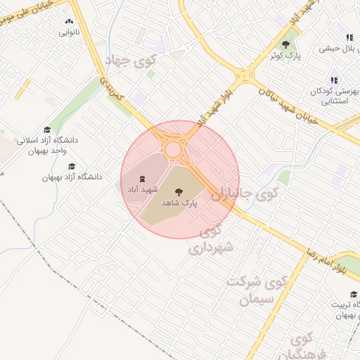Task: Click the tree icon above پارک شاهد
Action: point(179,191)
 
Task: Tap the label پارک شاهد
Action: point(179,202)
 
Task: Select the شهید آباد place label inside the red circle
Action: point(143,190)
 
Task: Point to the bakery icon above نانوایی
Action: point(69,22)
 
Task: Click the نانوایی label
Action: point(69,33)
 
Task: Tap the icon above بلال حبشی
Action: point(348,38)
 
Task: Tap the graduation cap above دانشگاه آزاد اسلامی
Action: point(47,130)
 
